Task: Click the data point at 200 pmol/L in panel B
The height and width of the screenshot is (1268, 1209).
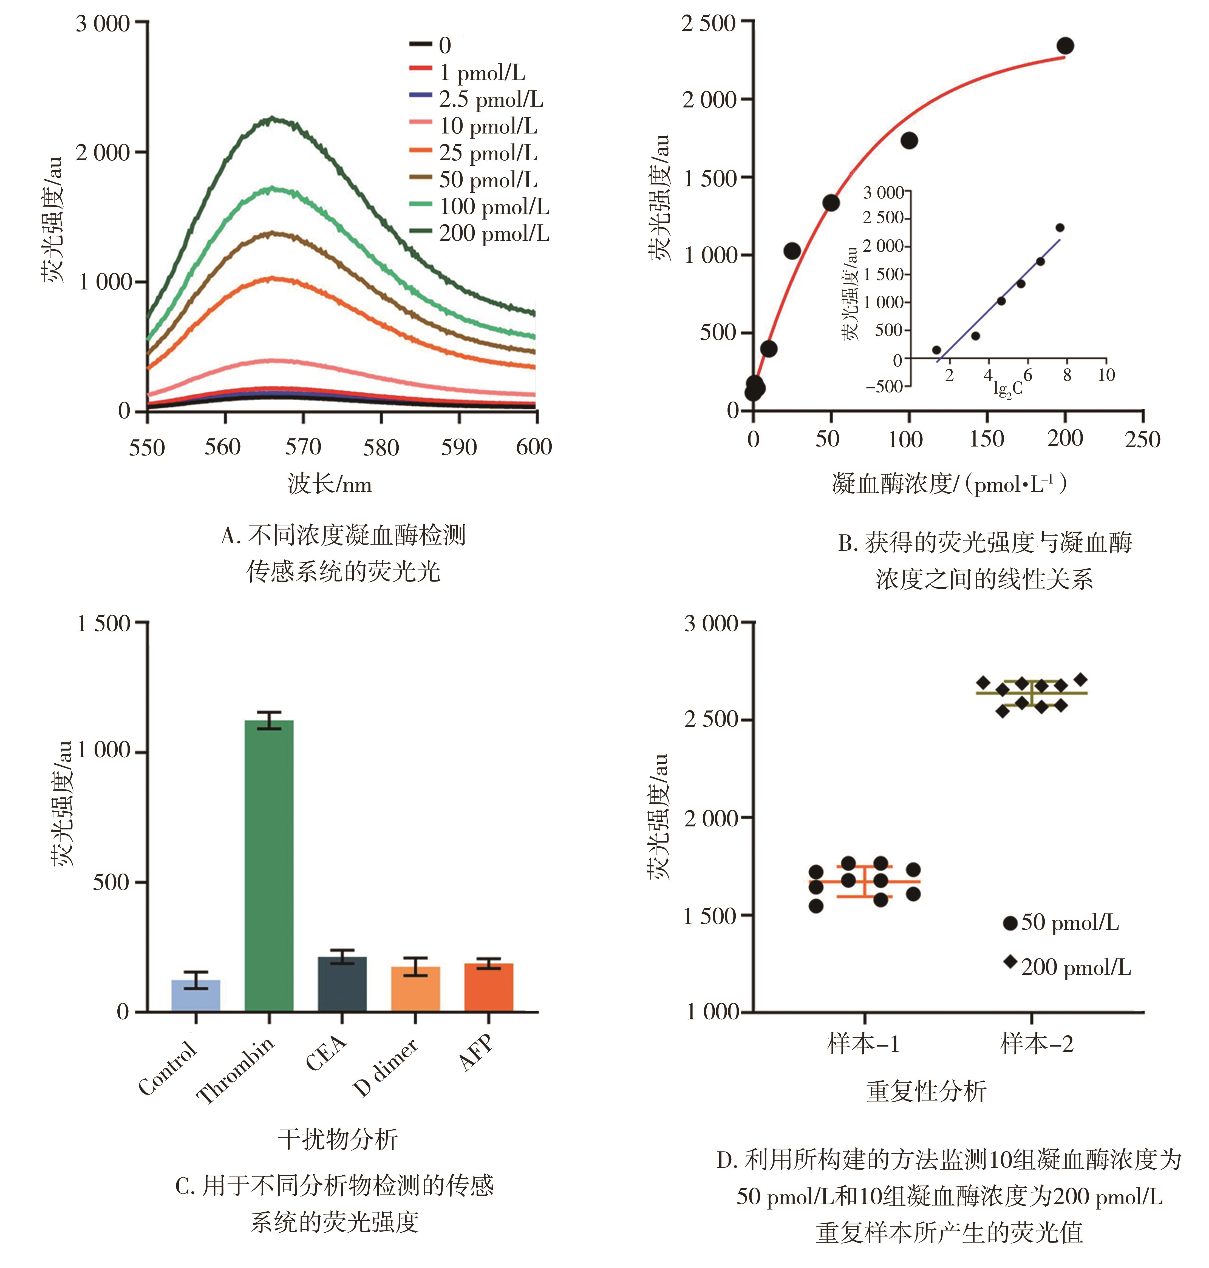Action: pyautogui.click(x=1065, y=46)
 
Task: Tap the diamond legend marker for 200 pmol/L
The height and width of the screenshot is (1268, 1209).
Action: pyautogui.click(x=1010, y=962)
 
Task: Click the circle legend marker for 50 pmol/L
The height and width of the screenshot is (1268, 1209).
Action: pyautogui.click(x=1010, y=923)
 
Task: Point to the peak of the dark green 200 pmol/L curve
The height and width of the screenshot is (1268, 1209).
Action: pyautogui.click(x=273, y=119)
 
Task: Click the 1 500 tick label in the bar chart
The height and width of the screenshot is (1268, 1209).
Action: pyautogui.click(x=103, y=624)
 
